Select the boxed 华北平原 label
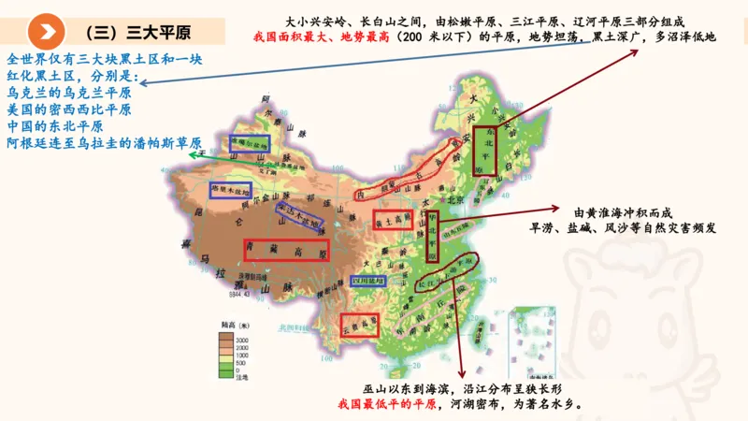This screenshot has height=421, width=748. [x=432, y=236]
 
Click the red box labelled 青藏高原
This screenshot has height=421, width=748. [x=286, y=250]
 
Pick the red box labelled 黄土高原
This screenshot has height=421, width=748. [x=392, y=219]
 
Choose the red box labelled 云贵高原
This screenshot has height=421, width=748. [x=360, y=324]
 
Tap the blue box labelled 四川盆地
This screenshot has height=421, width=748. [x=368, y=281]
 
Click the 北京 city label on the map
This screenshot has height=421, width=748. [x=456, y=199]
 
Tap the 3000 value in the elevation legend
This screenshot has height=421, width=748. [x=241, y=338]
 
